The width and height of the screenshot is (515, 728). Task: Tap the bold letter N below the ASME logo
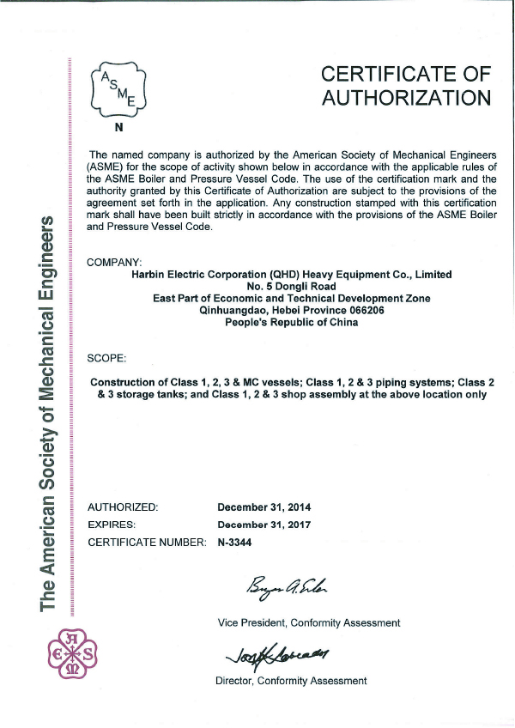point(118,131)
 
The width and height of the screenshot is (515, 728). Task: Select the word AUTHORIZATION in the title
point(406,98)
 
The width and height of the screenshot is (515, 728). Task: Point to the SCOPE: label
point(107,355)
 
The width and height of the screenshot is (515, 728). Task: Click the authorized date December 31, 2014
point(264,507)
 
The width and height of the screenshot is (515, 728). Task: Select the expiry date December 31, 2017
point(264,525)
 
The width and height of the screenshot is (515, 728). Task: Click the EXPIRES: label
point(112,525)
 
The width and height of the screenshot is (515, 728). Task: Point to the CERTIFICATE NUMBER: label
point(147,542)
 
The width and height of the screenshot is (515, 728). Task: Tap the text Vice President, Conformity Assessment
point(308,622)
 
